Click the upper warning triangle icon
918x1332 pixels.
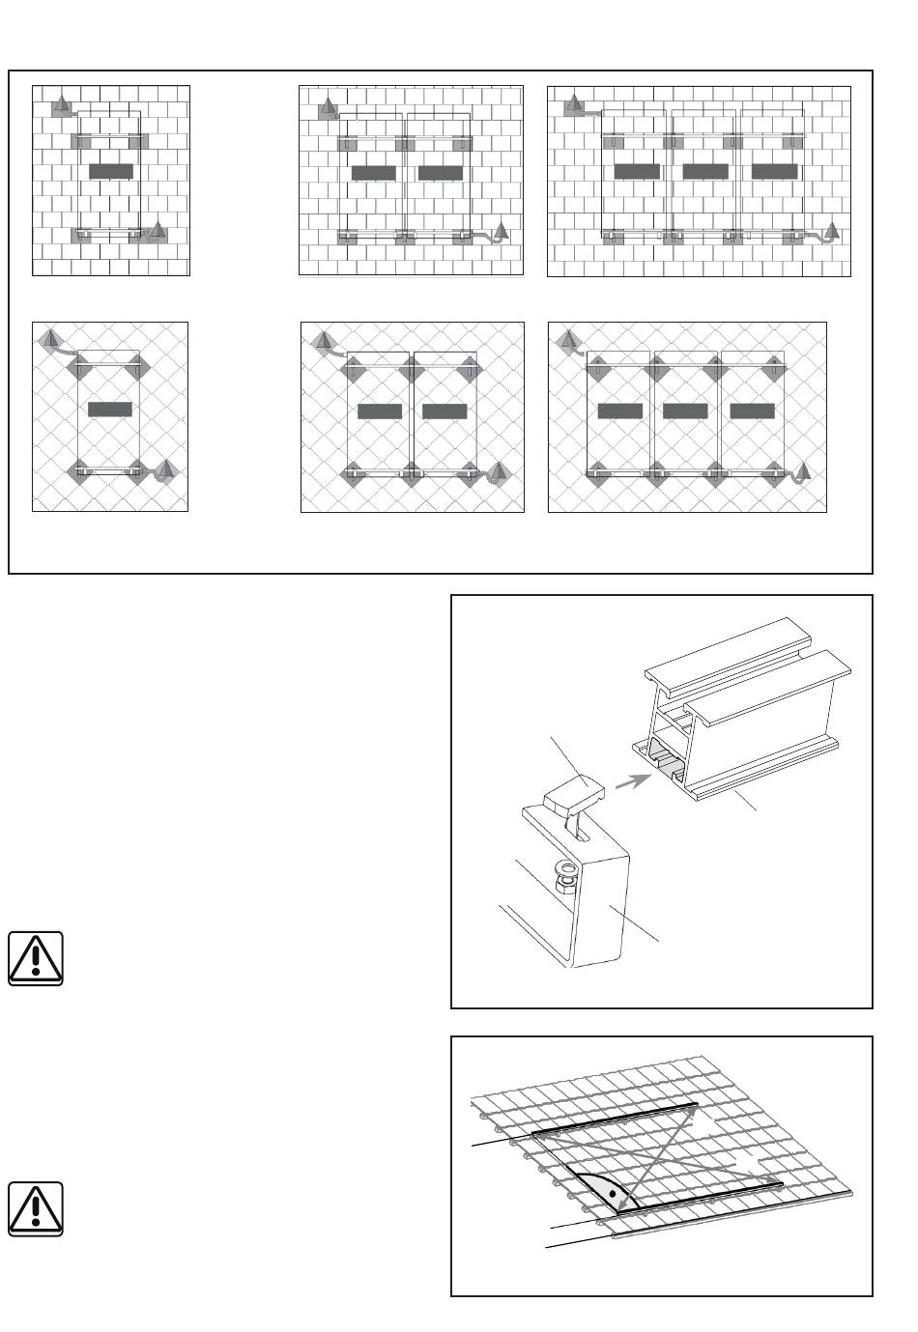click(x=36, y=958)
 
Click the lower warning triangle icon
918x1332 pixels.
click(x=36, y=1207)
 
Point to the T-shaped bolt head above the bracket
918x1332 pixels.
click(x=573, y=799)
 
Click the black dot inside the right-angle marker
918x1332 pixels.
click(x=612, y=1193)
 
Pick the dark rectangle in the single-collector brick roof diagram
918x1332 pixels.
click(x=110, y=171)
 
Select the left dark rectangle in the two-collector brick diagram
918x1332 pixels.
click(x=374, y=173)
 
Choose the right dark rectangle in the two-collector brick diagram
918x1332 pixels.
click(x=441, y=173)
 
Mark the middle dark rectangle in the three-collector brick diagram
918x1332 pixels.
click(x=704, y=171)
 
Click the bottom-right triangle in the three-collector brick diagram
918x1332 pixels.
click(x=832, y=231)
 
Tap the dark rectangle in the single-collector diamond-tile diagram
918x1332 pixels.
click(x=110, y=410)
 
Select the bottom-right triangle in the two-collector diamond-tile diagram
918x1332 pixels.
click(x=499, y=472)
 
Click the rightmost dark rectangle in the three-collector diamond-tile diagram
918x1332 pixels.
click(x=752, y=411)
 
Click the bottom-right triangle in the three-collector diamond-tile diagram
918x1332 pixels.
click(x=802, y=473)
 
